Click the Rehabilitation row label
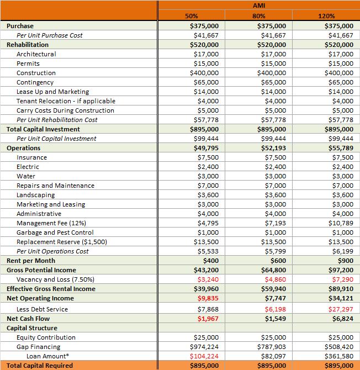(x=28, y=44)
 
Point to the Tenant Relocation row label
(x=66, y=101)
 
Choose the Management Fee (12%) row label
(x=51, y=223)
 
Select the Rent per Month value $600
(x=276, y=261)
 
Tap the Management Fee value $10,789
(x=340, y=223)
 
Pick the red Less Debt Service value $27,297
(x=340, y=309)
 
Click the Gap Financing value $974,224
(x=204, y=347)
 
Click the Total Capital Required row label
(x=41, y=366)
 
